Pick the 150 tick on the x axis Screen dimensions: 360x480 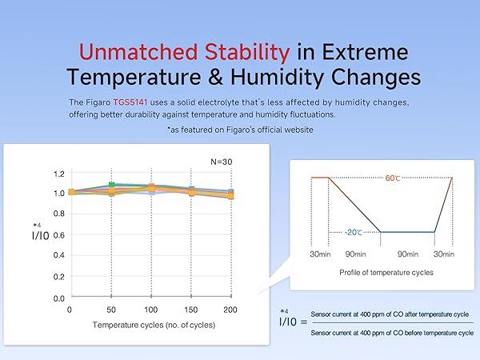pos(192,309)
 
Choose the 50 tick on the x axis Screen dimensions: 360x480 pos(111,309)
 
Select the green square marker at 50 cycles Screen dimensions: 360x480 pos(112,186)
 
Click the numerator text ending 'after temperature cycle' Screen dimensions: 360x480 pos(390,314)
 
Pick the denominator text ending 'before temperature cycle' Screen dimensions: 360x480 pos(390,331)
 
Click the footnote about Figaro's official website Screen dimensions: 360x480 pos(240,129)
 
